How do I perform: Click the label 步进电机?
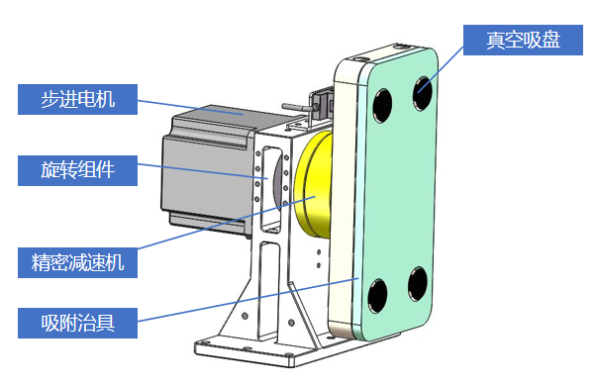coord(77,99)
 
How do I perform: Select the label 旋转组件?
coord(77,170)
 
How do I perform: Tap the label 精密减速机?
coord(77,262)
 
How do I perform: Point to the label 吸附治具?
coord(77,323)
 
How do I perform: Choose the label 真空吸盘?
coord(523,40)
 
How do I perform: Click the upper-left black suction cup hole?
coord(382,106)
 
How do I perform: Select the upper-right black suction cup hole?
coord(423,93)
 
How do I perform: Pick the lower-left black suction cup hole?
coord(377,296)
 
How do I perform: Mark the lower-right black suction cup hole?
coord(418,284)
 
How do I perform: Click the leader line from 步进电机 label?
coord(190,107)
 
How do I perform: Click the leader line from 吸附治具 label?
coord(248,300)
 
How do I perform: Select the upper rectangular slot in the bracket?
coord(271,189)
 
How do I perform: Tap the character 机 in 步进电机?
coord(105,99)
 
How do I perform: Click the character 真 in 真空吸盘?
coord(496,40)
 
